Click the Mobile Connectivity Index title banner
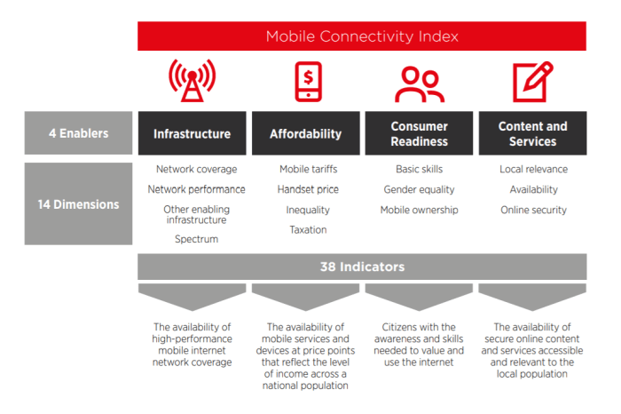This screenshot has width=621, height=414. [x=362, y=36]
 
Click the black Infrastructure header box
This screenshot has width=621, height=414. [x=192, y=134]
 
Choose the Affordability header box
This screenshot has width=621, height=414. [x=305, y=134]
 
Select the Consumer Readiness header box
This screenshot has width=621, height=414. [x=419, y=134]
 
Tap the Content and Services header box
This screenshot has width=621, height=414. [x=532, y=134]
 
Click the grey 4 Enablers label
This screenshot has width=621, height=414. [x=78, y=134]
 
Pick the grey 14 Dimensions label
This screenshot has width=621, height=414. [x=78, y=204]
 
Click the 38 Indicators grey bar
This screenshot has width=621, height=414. [x=362, y=267]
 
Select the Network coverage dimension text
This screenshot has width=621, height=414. [x=196, y=169]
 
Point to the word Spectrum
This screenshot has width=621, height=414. [x=196, y=239]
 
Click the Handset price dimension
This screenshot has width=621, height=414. [x=308, y=189]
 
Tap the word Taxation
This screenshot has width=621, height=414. [x=308, y=230]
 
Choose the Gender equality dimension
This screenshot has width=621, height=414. [x=420, y=189]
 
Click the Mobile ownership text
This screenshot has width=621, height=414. [x=420, y=210]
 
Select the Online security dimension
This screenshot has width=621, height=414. [x=533, y=210]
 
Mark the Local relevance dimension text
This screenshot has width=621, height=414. [x=533, y=169]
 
